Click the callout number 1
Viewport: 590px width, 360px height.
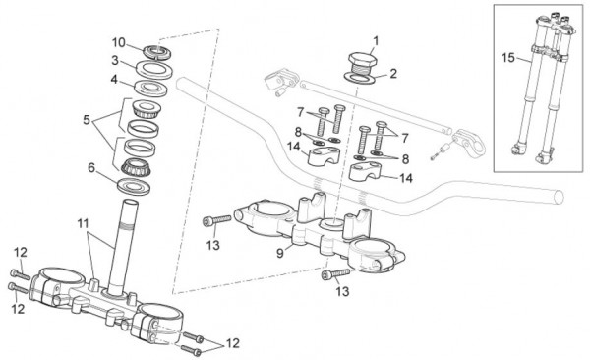click(x=376, y=40)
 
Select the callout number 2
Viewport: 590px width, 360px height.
click(x=393, y=73)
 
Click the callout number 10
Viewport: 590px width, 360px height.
click(x=119, y=42)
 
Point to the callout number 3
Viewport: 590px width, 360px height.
click(x=115, y=60)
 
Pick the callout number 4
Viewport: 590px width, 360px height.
click(x=114, y=80)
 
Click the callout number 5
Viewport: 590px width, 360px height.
click(x=87, y=120)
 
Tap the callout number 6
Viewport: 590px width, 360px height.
click(x=91, y=167)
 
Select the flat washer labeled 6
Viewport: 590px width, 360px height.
click(x=134, y=186)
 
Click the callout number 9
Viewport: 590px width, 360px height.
click(x=280, y=253)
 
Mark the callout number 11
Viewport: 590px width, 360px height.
click(x=83, y=223)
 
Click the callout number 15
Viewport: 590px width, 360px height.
click(x=508, y=58)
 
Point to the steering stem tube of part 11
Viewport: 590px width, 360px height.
click(x=123, y=247)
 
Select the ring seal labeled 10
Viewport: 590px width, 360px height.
click(x=158, y=52)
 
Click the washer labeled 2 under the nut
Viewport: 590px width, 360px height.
click(x=361, y=78)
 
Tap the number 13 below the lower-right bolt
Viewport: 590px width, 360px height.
click(x=342, y=291)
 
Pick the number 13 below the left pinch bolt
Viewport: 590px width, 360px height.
click(x=212, y=245)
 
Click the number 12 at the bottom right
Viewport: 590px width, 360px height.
click(x=232, y=343)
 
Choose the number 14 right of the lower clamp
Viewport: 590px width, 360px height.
click(x=405, y=178)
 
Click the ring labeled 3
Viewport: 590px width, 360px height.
click(x=153, y=70)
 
